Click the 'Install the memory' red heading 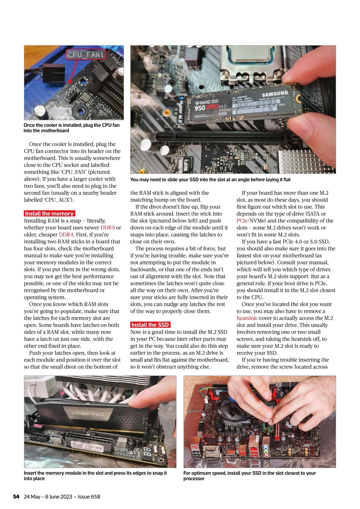click(49, 214)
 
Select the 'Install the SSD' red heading click(150, 325)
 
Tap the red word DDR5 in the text click(107, 228)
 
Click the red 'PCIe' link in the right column click(242, 221)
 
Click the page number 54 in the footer click(16, 497)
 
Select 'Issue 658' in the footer click(89, 497)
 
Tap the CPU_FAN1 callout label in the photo click(86, 55)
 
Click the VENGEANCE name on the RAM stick click(88, 414)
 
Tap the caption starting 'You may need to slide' click(210, 180)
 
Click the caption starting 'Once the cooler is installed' click(71, 128)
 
